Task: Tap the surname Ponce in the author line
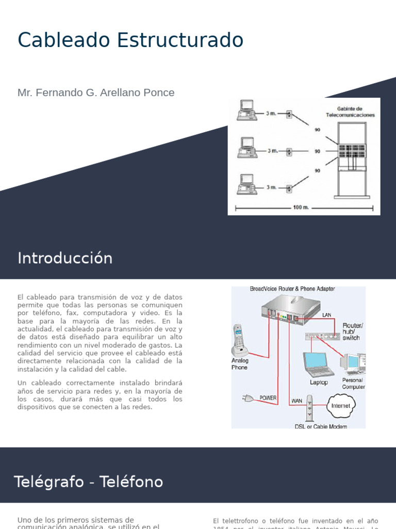(159, 92)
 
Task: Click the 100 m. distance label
(301, 208)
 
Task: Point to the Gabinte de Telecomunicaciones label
(355, 112)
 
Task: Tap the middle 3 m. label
(272, 151)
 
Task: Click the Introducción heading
(65, 258)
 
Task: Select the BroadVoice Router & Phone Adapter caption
(292, 289)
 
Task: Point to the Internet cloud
(340, 406)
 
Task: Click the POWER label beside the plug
(268, 398)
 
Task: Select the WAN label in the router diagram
(296, 401)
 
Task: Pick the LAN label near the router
(327, 315)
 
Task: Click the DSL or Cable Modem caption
(321, 426)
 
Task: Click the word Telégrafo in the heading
(48, 482)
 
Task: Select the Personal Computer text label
(353, 383)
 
